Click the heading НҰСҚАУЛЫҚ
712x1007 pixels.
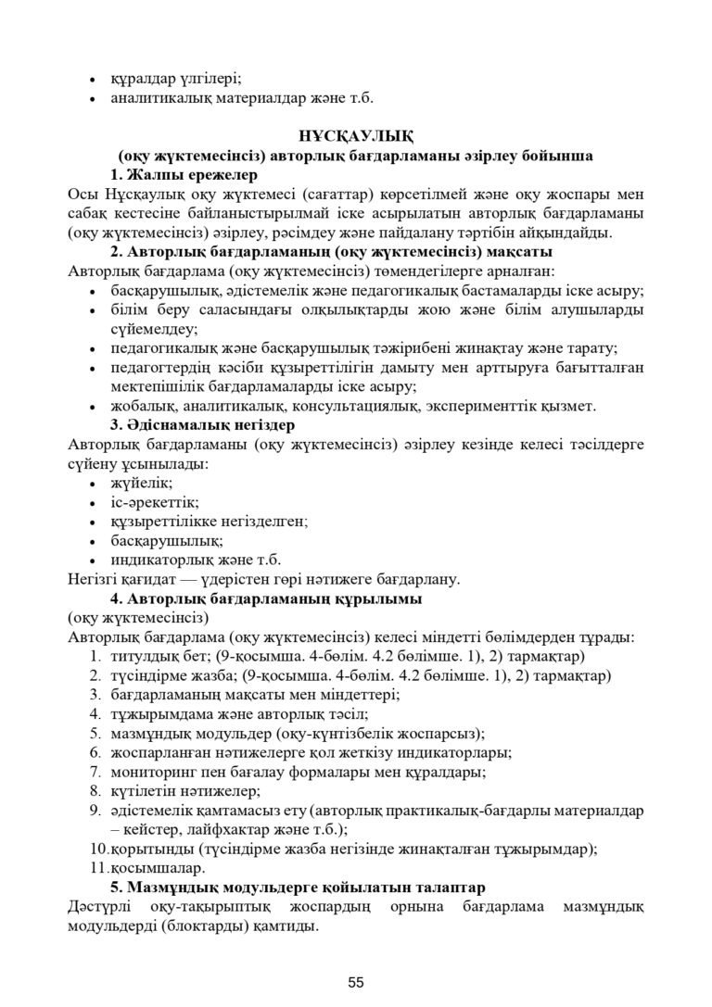(x=356, y=135)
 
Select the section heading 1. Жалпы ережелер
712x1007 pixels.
(x=184, y=174)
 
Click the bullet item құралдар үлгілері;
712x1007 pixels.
(x=176, y=78)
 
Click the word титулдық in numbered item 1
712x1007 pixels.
(x=140, y=656)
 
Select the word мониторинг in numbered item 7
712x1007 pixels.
(x=152, y=771)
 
